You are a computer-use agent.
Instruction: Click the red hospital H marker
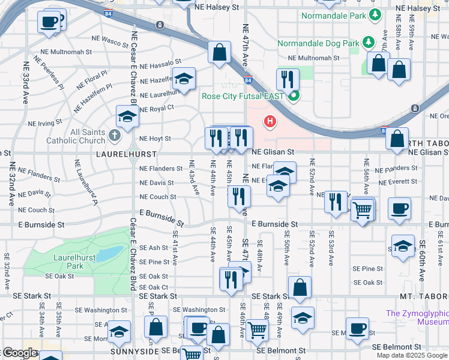point(270,122)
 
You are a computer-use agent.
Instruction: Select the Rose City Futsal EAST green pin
point(294,95)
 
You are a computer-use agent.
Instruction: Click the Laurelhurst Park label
point(67,262)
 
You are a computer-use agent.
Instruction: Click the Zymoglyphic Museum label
point(417,317)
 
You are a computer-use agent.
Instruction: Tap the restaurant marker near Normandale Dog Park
point(288,79)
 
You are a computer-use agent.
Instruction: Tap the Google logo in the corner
point(19,353)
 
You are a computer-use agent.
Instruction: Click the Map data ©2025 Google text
point(411,355)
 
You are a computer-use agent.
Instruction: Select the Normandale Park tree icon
point(375,14)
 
